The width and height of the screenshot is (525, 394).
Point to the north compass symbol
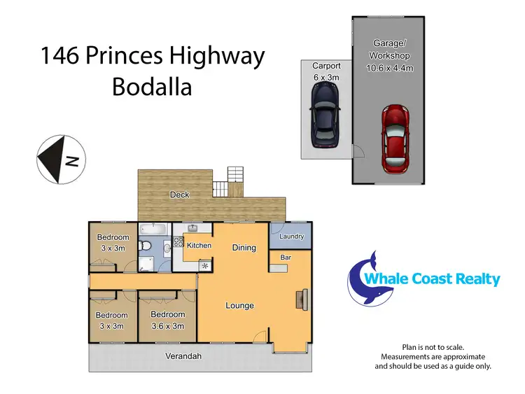(x=60, y=160)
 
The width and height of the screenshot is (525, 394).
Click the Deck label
(x=180, y=195)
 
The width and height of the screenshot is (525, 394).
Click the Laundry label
(x=292, y=237)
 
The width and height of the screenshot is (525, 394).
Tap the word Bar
(x=286, y=258)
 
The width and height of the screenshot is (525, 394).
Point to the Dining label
(x=244, y=248)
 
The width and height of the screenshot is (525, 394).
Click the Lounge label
(x=239, y=306)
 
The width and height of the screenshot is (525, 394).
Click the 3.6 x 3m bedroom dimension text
(x=168, y=325)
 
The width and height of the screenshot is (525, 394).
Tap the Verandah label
(x=183, y=357)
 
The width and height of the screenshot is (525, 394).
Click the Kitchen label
(x=199, y=246)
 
